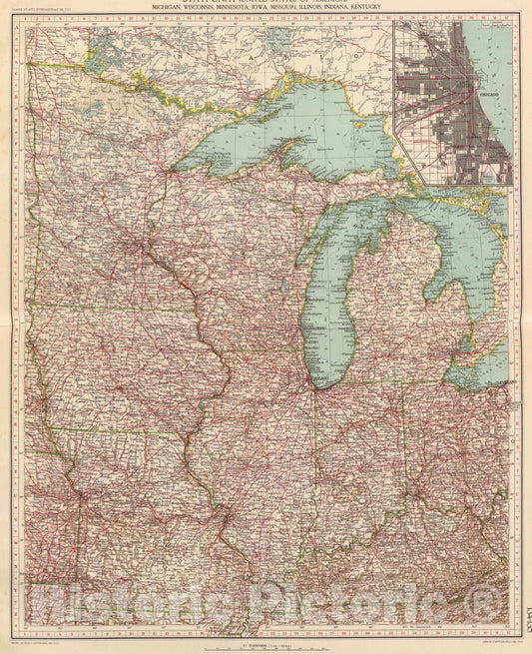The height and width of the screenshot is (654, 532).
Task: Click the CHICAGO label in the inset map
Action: pyautogui.click(x=488, y=90)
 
